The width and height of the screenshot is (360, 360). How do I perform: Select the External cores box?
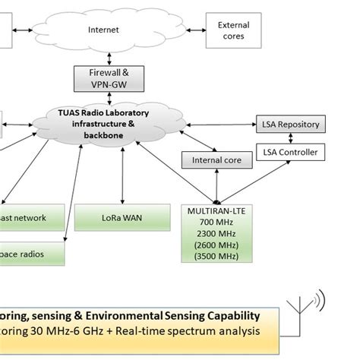233,30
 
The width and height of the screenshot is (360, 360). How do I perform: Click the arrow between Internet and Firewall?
110,57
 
